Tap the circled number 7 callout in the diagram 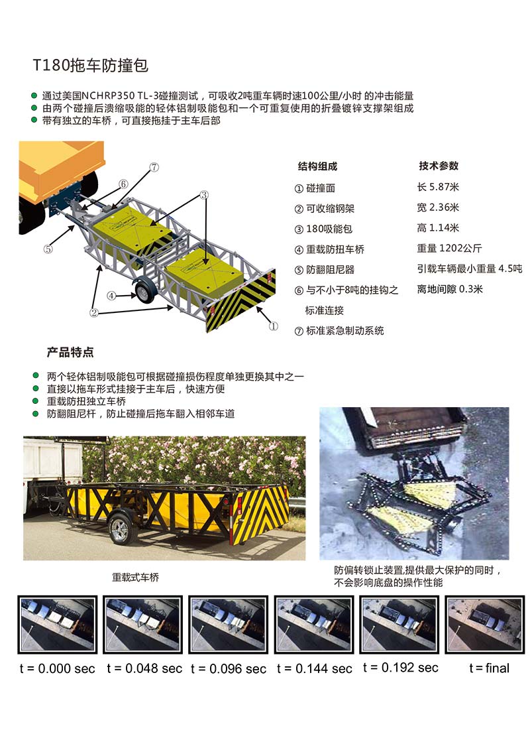click(x=154, y=168)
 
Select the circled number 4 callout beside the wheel click(x=112, y=296)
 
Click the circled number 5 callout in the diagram click(x=48, y=249)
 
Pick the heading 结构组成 click(x=317, y=166)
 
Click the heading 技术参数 click(x=438, y=166)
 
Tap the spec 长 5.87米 click(x=438, y=187)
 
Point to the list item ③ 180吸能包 click(x=323, y=229)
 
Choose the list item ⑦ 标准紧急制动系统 click(x=339, y=330)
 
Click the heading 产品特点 click(x=70, y=352)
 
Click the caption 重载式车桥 click(x=136, y=578)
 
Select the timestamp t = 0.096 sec click(x=229, y=668)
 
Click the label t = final click(x=489, y=668)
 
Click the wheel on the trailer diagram click(x=144, y=290)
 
